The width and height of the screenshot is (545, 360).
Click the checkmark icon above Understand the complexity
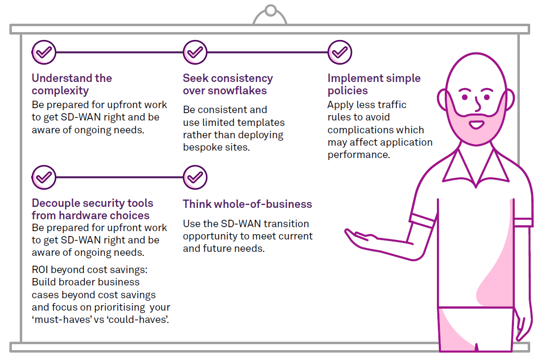coord(44,52)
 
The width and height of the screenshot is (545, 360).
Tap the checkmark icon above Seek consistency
coord(195,52)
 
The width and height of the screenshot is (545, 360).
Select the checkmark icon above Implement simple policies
coord(340,52)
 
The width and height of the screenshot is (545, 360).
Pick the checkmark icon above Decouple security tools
coord(44,177)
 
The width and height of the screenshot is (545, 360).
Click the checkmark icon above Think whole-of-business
coord(195,177)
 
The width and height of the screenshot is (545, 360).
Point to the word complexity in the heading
coord(60,91)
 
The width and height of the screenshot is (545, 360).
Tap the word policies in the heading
coord(348,91)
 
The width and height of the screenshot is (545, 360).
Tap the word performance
coord(358,155)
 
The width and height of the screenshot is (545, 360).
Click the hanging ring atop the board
coord(270,11)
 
